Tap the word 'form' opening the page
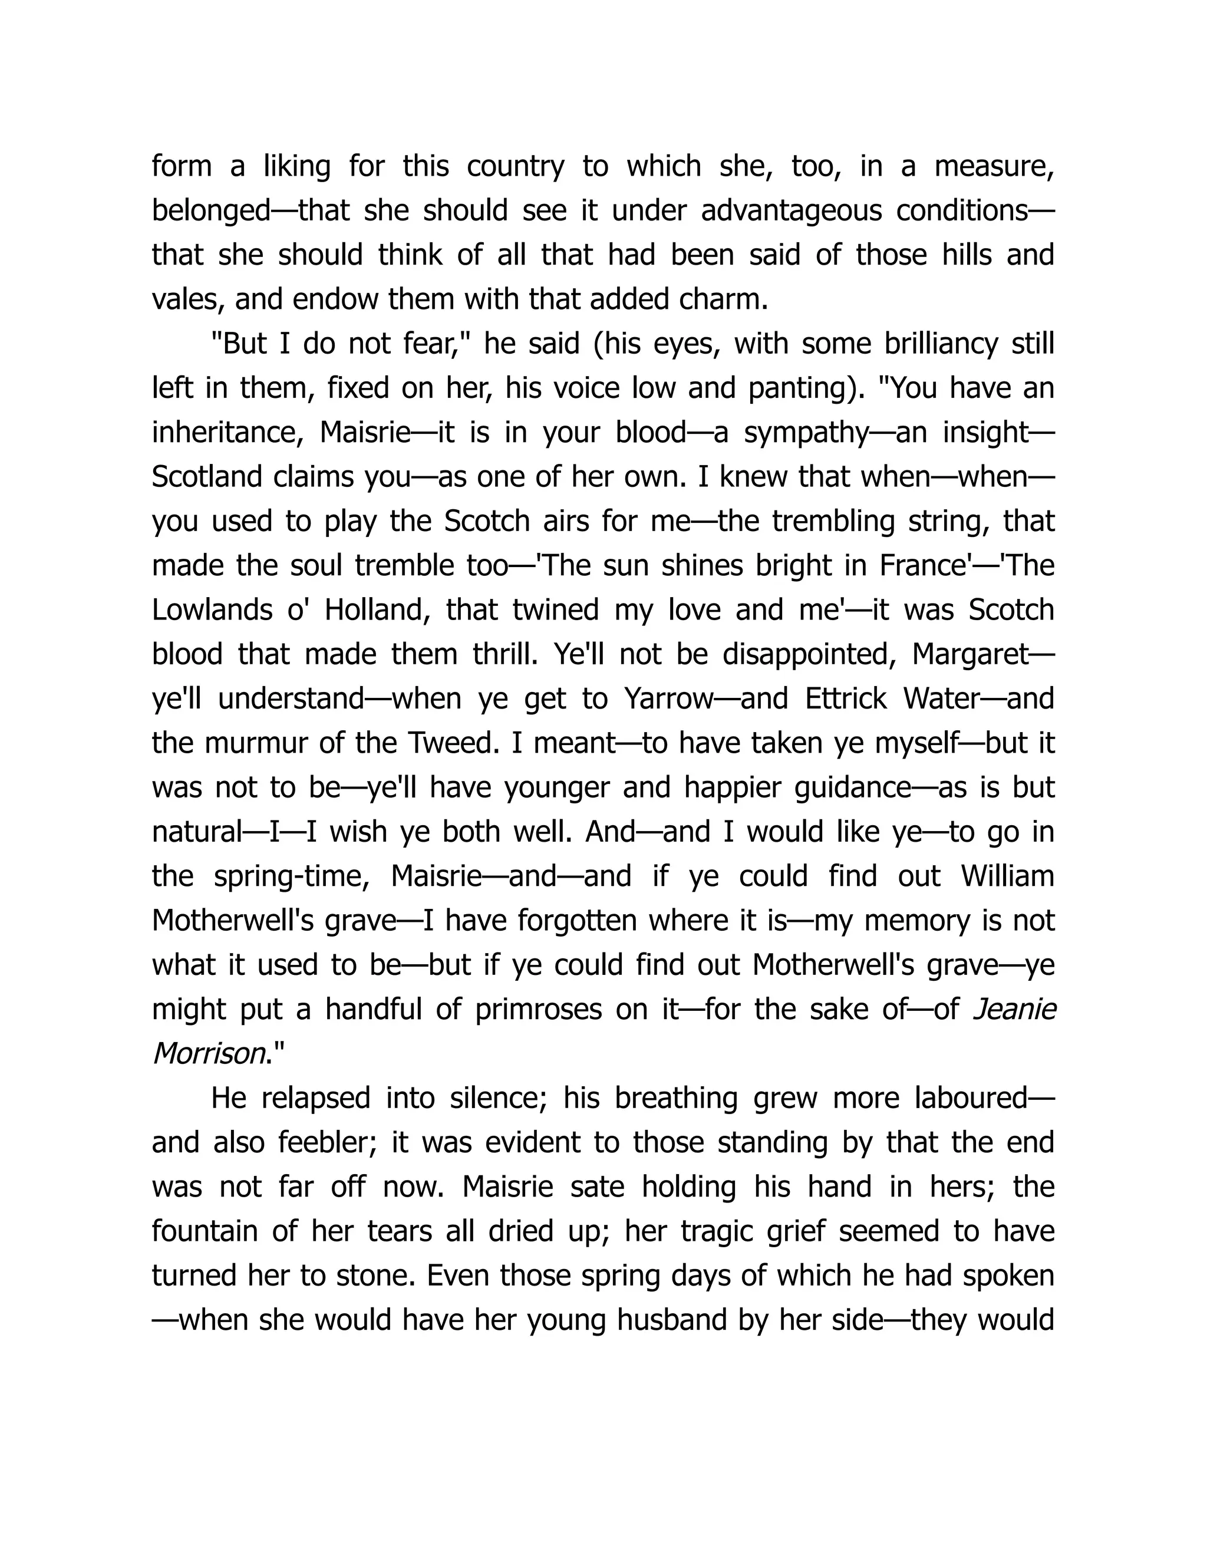(x=182, y=167)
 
